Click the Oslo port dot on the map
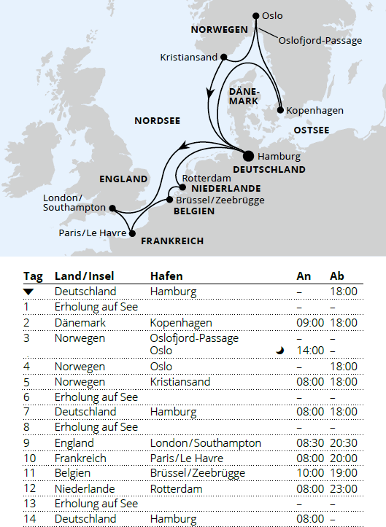click(255, 15)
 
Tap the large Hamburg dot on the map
click(248, 155)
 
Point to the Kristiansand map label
click(188, 56)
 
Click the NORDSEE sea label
click(157, 120)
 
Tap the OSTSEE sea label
click(311, 130)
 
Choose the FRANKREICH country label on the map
click(172, 241)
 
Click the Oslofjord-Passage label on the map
click(320, 41)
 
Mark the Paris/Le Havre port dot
click(132, 233)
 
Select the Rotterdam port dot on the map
click(178, 187)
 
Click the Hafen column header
click(166, 276)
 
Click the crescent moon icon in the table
click(280, 351)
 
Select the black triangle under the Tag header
click(28, 292)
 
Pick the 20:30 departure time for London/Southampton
click(344, 443)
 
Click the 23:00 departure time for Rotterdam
click(344, 488)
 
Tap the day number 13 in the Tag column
click(29, 504)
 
